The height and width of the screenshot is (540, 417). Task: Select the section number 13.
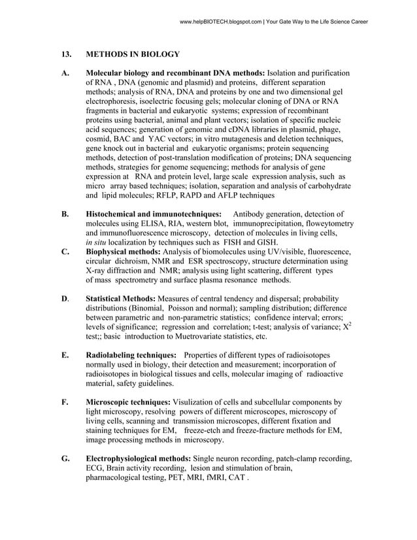(x=65, y=54)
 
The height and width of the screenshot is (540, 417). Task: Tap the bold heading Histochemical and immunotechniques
(x=154, y=214)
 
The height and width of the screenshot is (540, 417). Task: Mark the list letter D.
(x=65, y=299)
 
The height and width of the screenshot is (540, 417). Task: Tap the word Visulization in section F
(x=200, y=402)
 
